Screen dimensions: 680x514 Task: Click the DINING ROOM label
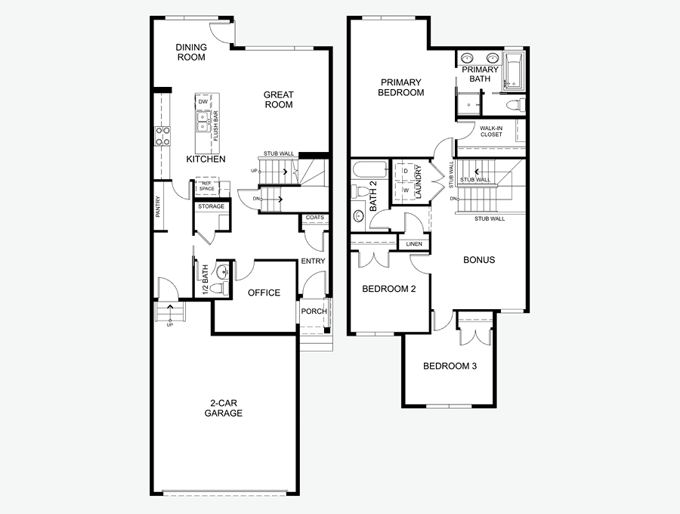[x=191, y=52]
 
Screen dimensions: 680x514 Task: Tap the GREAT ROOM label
[x=279, y=99]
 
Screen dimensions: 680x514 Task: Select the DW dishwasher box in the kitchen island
[x=203, y=101]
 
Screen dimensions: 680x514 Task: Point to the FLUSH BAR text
[x=215, y=125]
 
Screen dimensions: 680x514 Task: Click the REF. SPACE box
[x=207, y=187]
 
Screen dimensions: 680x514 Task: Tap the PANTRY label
[x=158, y=206]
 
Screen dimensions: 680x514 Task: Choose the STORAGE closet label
[x=212, y=206]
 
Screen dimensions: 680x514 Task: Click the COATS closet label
[x=315, y=217]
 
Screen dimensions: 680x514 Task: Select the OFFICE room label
[x=264, y=293]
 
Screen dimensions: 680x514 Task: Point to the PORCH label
[x=314, y=311]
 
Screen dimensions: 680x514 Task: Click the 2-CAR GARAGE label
[x=224, y=408]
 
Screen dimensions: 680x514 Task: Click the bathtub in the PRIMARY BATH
[x=514, y=70]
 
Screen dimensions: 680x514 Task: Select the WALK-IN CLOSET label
[x=491, y=132]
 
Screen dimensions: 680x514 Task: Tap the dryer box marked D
[x=406, y=171]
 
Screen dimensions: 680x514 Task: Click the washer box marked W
[x=406, y=190]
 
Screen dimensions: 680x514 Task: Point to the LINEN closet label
[x=414, y=244]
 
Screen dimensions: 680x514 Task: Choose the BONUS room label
[x=479, y=260]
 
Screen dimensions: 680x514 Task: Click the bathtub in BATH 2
[x=371, y=170]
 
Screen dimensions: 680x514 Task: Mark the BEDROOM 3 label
[x=450, y=366]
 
